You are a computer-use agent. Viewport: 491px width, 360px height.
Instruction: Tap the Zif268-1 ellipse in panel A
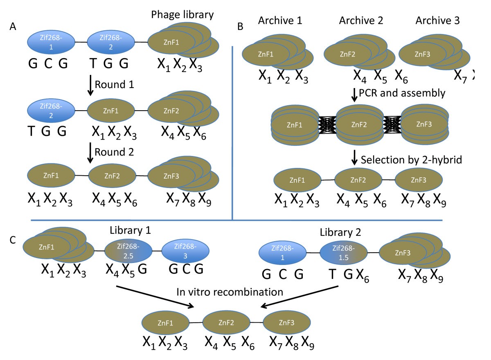51,42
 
